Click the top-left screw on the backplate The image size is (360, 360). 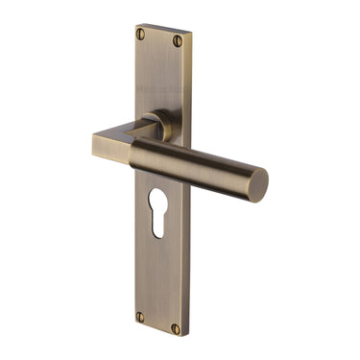(x=141, y=34)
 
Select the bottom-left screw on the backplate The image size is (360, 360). (x=140, y=314)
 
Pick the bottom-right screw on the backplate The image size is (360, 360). (x=176, y=327)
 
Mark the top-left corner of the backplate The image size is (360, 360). (x=133, y=24)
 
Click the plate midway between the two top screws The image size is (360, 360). (x=160, y=37)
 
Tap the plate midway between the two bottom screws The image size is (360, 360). (x=158, y=321)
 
